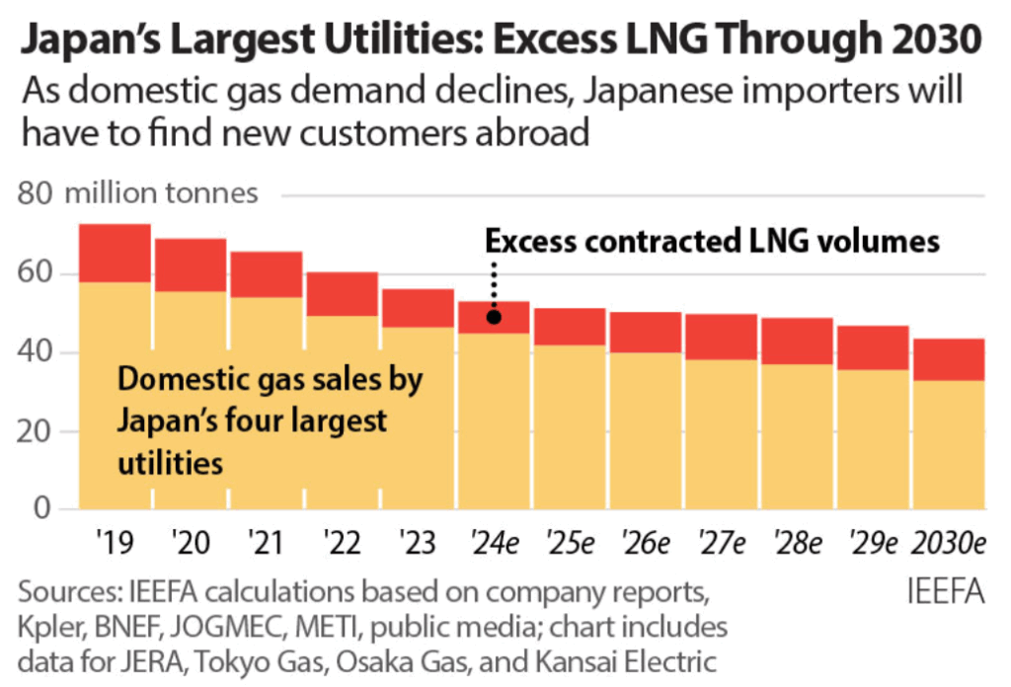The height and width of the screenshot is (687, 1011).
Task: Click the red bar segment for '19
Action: (115, 254)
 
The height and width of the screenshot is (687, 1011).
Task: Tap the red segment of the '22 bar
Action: (342, 294)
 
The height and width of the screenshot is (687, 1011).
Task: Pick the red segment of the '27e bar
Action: (722, 337)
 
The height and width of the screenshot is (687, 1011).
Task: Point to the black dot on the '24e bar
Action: (494, 317)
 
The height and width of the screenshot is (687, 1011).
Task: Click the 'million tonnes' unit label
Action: (161, 193)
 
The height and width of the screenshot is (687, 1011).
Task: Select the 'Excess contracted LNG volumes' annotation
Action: (711, 241)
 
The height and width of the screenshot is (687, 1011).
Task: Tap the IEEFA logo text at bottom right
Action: (945, 592)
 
